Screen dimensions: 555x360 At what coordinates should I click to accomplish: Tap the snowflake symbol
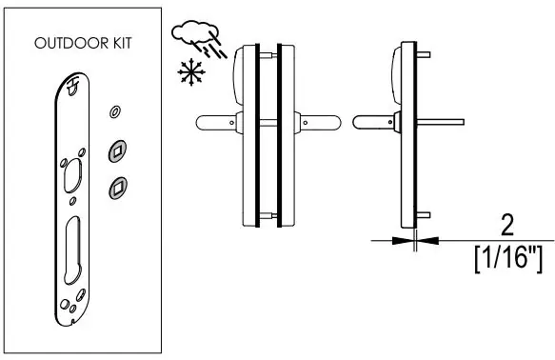point(191,71)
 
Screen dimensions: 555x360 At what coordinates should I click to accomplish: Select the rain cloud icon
point(199,39)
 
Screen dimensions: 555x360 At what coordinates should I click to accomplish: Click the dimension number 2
point(507,225)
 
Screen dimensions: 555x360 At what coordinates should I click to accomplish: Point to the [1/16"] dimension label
point(508,260)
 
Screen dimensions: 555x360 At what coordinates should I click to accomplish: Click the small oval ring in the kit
point(114,111)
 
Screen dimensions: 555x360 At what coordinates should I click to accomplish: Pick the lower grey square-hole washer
point(118,188)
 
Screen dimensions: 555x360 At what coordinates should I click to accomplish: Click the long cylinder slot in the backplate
point(72,250)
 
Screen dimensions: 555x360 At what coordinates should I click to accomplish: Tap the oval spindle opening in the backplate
point(72,175)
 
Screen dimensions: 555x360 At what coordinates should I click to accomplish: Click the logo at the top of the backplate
point(72,86)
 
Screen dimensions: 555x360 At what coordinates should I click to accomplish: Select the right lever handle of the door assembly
point(318,123)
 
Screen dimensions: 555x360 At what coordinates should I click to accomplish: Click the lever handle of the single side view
point(377,122)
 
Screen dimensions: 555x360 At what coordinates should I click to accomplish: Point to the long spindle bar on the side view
point(441,122)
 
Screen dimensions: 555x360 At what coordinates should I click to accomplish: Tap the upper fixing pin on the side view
point(424,54)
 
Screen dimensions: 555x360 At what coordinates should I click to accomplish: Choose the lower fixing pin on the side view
point(424,215)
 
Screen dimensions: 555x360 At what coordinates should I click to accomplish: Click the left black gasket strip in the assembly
point(257,135)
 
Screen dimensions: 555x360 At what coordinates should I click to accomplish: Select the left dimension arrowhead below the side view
point(403,241)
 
